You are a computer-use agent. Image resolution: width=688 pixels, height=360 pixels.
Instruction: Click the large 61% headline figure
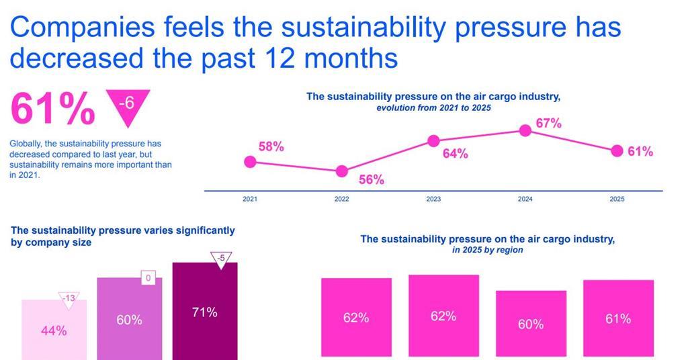[53, 109]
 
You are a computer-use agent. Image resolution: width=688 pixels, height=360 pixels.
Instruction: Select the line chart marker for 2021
[250, 161]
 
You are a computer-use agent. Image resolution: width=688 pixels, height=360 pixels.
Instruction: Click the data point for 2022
[342, 171]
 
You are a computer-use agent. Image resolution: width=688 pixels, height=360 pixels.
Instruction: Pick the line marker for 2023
[434, 141]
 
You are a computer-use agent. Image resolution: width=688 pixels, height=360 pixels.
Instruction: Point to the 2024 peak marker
[526, 130]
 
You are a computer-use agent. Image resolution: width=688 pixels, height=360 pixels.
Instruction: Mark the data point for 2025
[617, 151]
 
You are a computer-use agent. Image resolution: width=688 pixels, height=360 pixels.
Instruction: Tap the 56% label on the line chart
[370, 179]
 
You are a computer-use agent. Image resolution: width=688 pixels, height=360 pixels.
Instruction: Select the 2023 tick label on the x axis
[434, 199]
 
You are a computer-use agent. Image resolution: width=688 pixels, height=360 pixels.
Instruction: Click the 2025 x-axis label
[617, 199]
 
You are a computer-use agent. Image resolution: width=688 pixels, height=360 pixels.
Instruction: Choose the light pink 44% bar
[54, 330]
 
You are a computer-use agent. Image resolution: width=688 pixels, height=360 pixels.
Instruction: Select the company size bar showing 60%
[129, 319]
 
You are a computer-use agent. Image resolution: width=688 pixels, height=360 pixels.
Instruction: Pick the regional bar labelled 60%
[531, 324]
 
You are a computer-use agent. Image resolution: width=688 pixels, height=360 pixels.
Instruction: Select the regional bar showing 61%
[618, 318]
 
